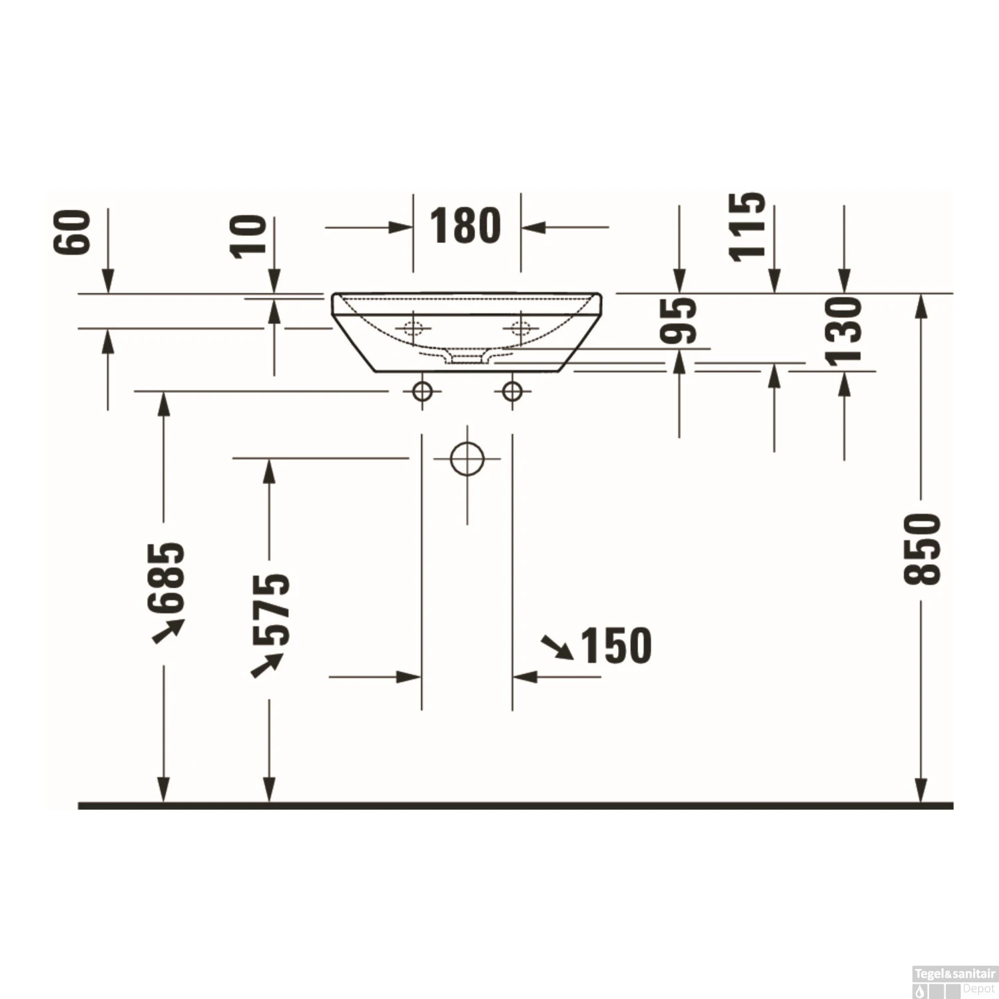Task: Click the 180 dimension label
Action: [465, 226]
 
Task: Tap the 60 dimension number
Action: [72, 232]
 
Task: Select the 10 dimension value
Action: [248, 236]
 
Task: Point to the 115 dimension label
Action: [747, 226]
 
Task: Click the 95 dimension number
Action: [679, 320]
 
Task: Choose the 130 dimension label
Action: [844, 331]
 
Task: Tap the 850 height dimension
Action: [922, 549]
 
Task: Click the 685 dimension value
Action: [166, 577]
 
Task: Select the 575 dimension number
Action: [272, 609]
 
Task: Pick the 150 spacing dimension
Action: [616, 646]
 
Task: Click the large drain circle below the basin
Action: [467, 458]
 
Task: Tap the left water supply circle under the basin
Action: [422, 392]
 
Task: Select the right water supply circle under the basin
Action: [512, 392]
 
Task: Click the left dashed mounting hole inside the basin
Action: [413, 328]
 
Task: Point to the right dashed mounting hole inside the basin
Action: [521, 328]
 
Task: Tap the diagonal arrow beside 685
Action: [168, 631]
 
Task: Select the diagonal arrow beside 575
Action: [266, 665]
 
